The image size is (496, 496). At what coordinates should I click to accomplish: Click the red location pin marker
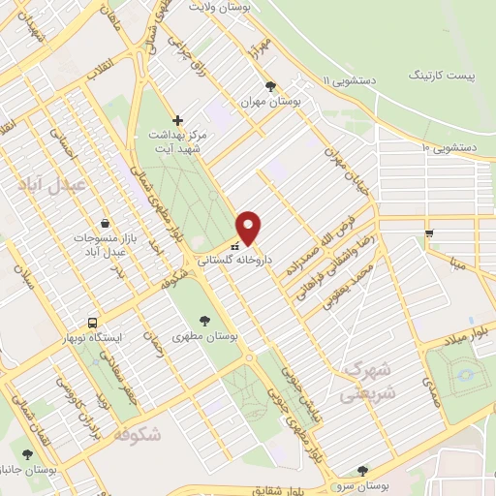tap(249, 228)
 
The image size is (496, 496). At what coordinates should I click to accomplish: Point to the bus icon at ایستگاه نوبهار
tap(91, 322)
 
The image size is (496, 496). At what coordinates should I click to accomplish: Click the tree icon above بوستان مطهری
tap(204, 321)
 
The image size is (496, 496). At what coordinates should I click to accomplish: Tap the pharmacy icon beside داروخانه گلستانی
tap(235, 246)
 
